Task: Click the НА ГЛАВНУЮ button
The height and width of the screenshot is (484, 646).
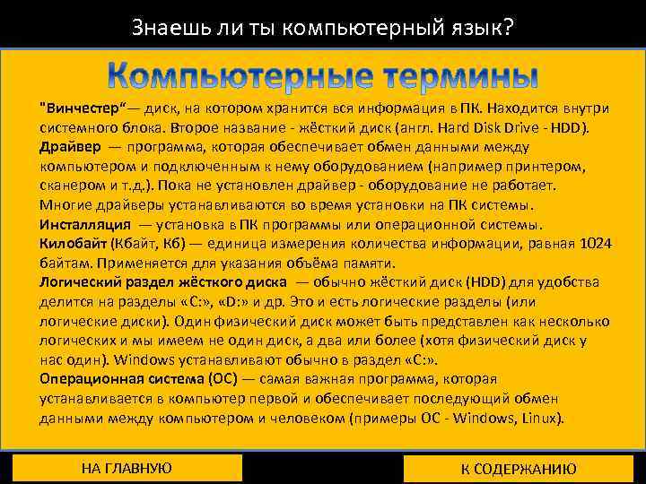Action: (x=126, y=468)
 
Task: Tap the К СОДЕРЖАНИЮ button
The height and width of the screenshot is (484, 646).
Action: (x=519, y=469)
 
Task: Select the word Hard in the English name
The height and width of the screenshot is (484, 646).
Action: (x=462, y=127)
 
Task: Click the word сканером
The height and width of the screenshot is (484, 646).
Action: (x=71, y=186)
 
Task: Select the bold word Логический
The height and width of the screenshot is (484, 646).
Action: (x=79, y=282)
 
